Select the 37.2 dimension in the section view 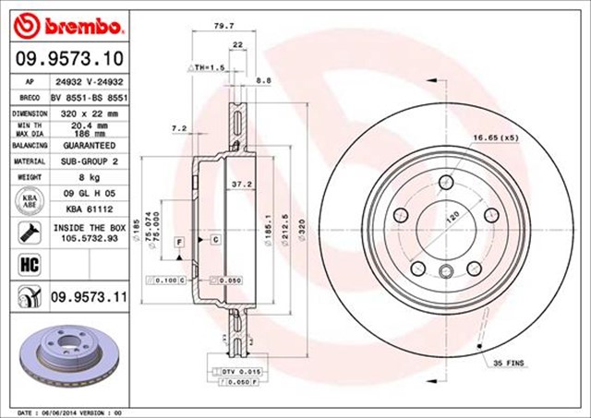point(241,184)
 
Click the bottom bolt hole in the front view point(445,270)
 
